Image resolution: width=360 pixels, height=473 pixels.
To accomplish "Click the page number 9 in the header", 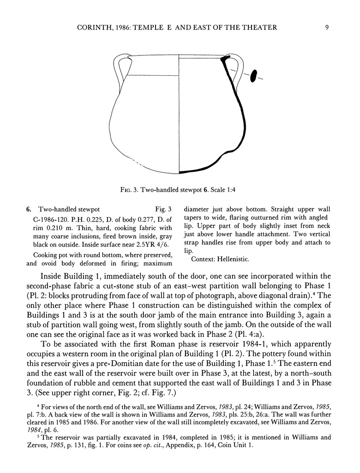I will (326, 27).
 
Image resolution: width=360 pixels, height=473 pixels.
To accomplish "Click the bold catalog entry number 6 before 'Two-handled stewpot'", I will (28, 209).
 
